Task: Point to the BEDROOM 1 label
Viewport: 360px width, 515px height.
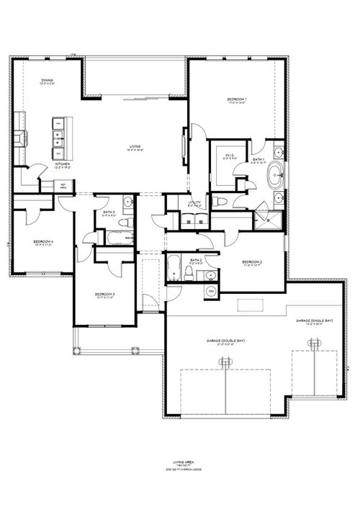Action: coord(236,99)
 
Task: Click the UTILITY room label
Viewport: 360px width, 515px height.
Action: coord(194,204)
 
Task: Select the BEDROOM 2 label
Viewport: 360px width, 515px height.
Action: coord(251,261)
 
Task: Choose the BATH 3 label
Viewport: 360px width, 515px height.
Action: coord(109,212)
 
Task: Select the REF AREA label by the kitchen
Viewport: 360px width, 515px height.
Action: coord(63,184)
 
